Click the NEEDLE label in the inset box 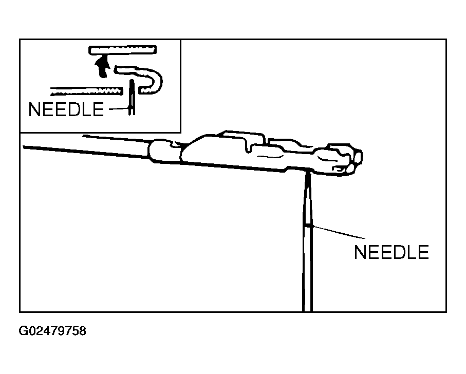[66, 109]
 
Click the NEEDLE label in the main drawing [392, 252]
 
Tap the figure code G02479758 [52, 331]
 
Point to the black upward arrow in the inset [102, 67]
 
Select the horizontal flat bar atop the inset [122, 50]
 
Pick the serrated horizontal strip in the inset [86, 91]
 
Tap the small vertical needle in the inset [132, 97]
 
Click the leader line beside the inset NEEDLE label [119, 109]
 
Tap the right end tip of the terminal [360, 157]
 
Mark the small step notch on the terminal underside [287, 170]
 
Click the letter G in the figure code [23, 331]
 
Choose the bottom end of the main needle [308, 311]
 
